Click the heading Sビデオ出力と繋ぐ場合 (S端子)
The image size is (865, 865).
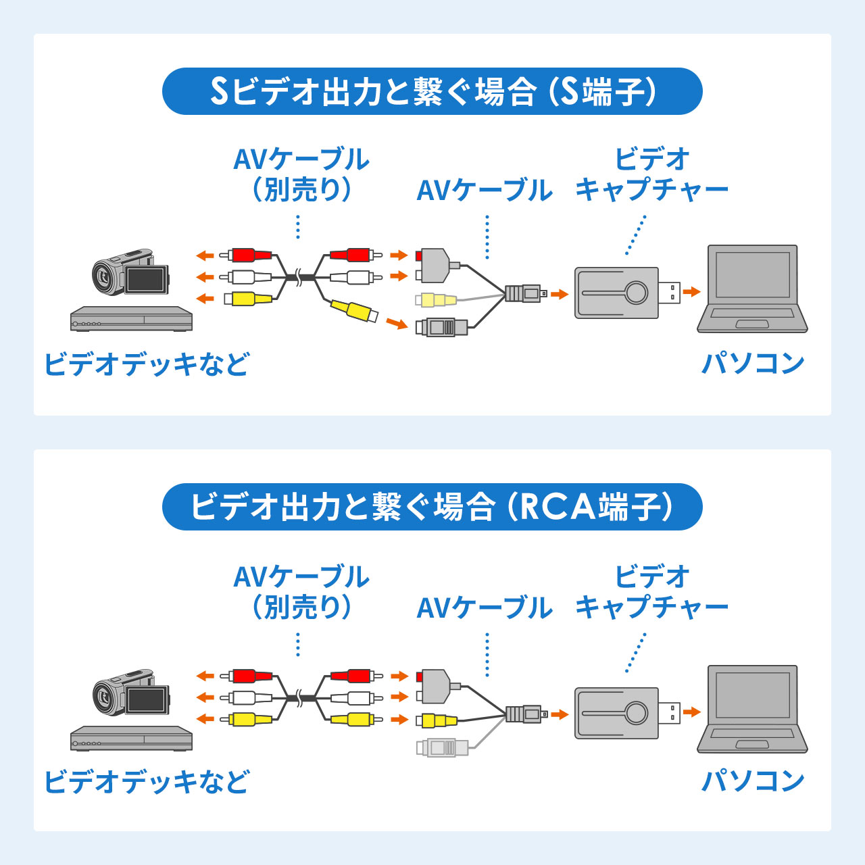tap(432, 91)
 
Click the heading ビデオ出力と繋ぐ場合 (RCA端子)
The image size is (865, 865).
tap(432, 507)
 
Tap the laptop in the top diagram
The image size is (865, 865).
tap(752, 289)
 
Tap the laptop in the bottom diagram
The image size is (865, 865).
tap(752, 710)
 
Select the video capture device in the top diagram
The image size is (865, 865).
tap(616, 293)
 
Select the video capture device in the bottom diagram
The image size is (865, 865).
tap(616, 713)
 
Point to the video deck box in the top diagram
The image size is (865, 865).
tap(131, 319)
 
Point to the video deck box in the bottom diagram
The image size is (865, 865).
tap(131, 739)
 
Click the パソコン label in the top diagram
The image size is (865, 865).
tap(753, 364)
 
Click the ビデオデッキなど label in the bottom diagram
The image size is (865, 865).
tap(147, 782)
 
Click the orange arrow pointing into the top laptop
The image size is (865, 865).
tap(691, 292)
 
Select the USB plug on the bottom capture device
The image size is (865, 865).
tap(670, 712)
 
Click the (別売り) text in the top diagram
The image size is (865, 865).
tap(301, 190)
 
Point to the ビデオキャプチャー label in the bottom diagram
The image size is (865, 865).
tap(651, 592)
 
